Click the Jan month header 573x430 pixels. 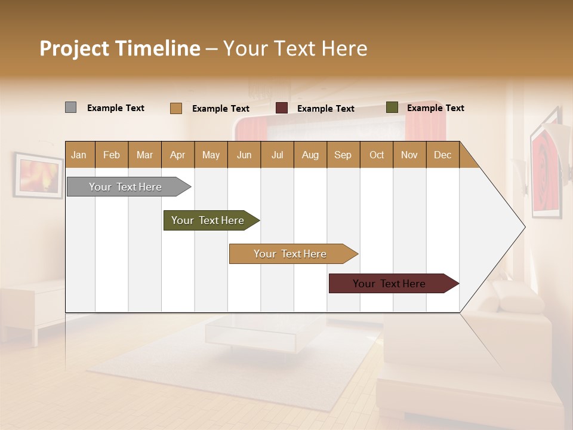79,155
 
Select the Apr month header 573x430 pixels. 178,155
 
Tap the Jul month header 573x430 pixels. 277,155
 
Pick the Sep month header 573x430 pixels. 343,155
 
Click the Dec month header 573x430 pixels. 442,155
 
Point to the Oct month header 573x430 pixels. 376,155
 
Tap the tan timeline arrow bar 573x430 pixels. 291,254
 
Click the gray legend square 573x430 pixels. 70,107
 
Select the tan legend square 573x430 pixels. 175,108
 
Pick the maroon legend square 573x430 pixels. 281,108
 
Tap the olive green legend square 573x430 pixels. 392,107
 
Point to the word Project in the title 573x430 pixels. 75,48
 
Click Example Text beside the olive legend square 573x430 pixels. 435,108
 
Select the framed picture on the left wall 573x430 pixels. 38,176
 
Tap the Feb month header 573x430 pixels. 112,155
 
